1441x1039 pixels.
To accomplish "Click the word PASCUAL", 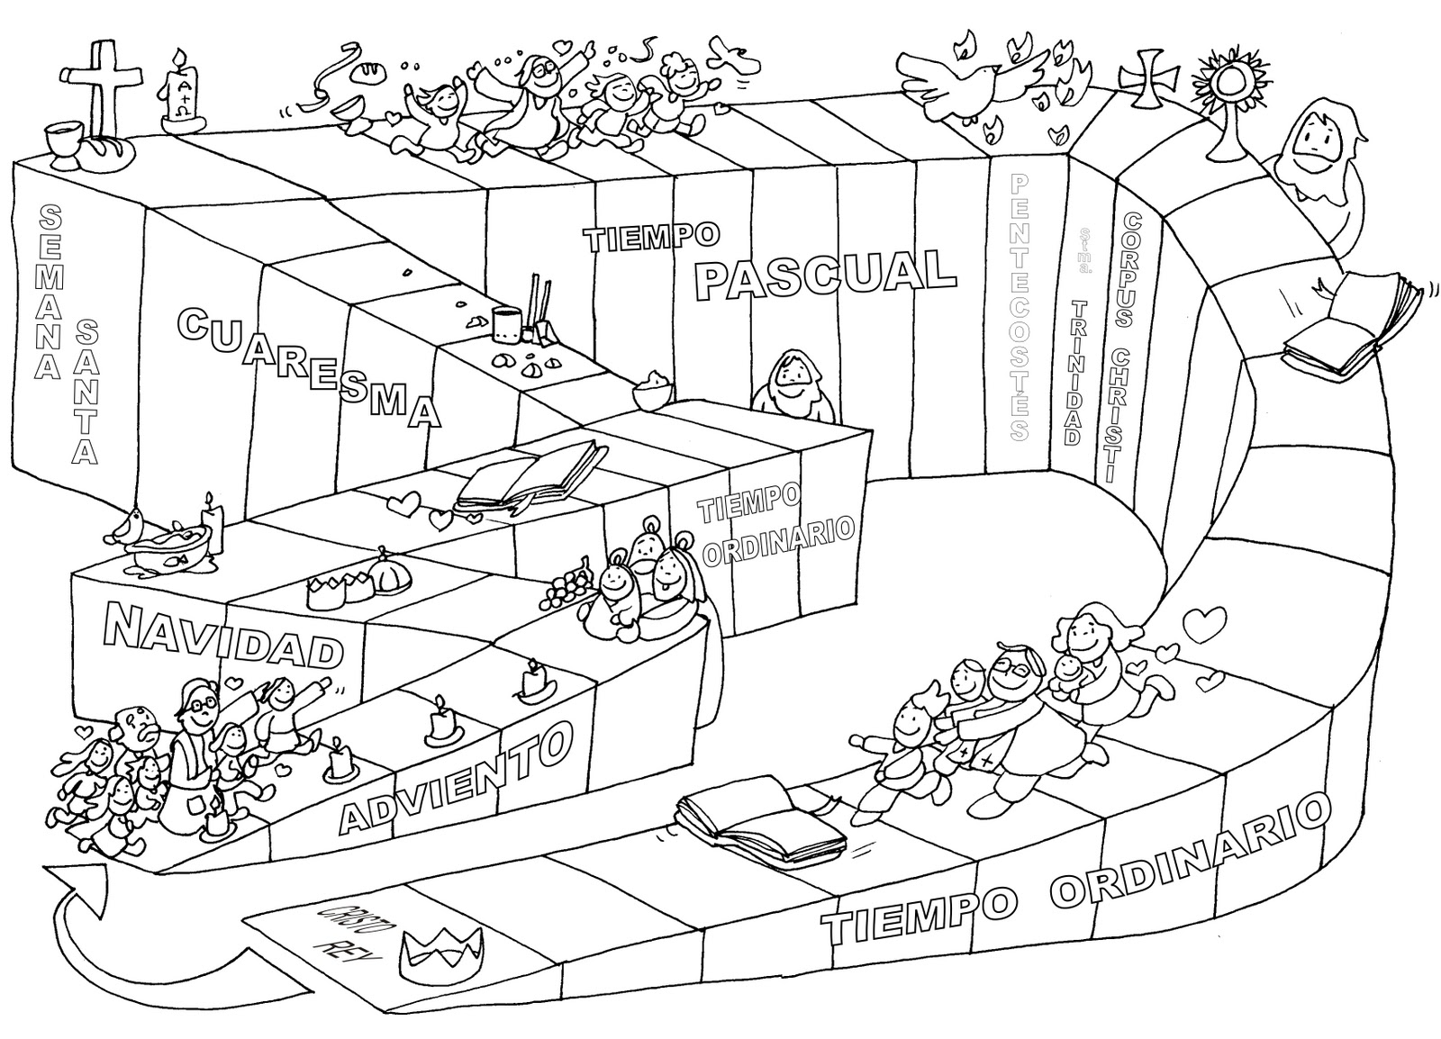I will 825,272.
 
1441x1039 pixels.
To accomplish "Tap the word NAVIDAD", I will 223,637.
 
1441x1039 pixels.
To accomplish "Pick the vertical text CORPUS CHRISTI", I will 1125,347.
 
